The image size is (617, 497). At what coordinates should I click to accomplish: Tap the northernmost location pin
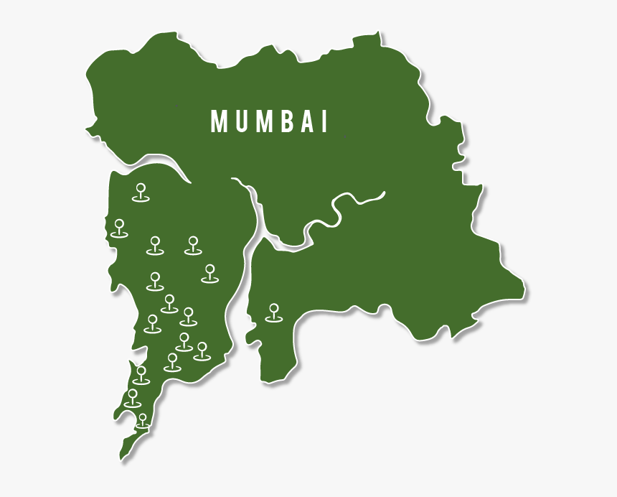(x=141, y=192)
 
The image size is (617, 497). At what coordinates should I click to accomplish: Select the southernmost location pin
(x=143, y=420)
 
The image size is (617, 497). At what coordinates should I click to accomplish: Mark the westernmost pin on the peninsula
(x=119, y=228)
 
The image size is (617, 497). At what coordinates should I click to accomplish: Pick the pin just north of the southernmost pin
(x=133, y=398)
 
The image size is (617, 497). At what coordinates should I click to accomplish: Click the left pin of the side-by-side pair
(x=155, y=245)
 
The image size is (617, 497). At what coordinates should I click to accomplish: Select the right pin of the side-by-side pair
(x=192, y=245)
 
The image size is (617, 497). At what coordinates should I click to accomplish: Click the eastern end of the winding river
(x=385, y=192)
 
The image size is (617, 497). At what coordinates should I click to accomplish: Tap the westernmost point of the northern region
(x=87, y=131)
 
